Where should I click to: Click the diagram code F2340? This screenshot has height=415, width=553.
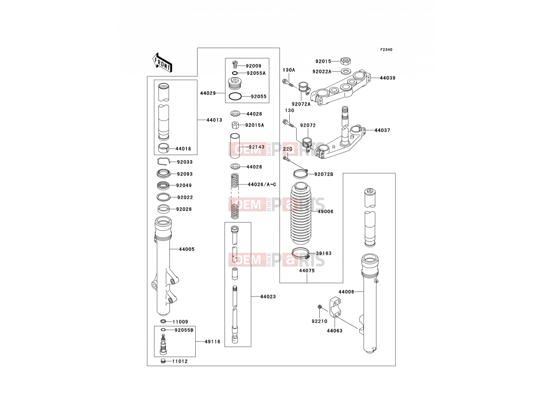[386, 50]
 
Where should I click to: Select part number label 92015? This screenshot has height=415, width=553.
[323, 61]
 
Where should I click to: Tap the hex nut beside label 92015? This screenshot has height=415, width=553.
[344, 61]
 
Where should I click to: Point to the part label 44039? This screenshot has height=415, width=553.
[387, 78]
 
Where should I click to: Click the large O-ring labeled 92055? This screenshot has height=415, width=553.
[235, 96]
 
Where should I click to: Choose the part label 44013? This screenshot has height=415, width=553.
[214, 120]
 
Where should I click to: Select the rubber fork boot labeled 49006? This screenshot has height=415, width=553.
[301, 213]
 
